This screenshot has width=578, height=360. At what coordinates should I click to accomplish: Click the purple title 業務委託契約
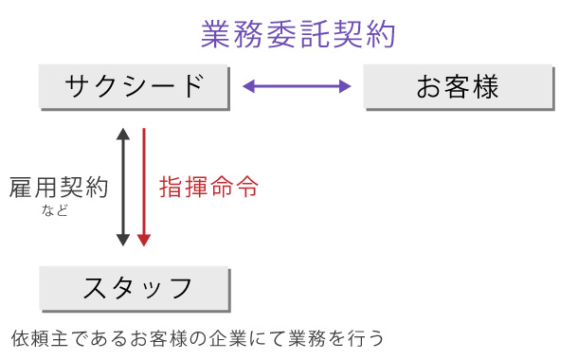tap(298, 34)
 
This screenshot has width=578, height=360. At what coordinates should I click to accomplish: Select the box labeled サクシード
tap(135, 86)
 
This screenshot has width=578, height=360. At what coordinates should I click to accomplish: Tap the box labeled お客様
tap(458, 86)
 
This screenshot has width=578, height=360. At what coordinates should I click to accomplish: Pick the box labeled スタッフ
tap(135, 287)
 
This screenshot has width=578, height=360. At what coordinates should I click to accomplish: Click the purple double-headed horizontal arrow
tap(298, 87)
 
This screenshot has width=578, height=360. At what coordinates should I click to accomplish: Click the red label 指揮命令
tap(208, 186)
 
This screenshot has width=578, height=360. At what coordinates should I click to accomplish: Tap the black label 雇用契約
tap(59, 186)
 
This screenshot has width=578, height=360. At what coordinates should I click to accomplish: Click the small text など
tap(56, 210)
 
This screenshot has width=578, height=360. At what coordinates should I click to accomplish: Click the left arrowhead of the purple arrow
tap(249, 87)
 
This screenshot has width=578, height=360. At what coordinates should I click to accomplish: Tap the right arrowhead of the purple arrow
tap(346, 87)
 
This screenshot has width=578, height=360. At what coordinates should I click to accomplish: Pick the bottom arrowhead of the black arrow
tap(122, 241)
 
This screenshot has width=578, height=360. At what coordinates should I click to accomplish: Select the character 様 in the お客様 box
tap(485, 86)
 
